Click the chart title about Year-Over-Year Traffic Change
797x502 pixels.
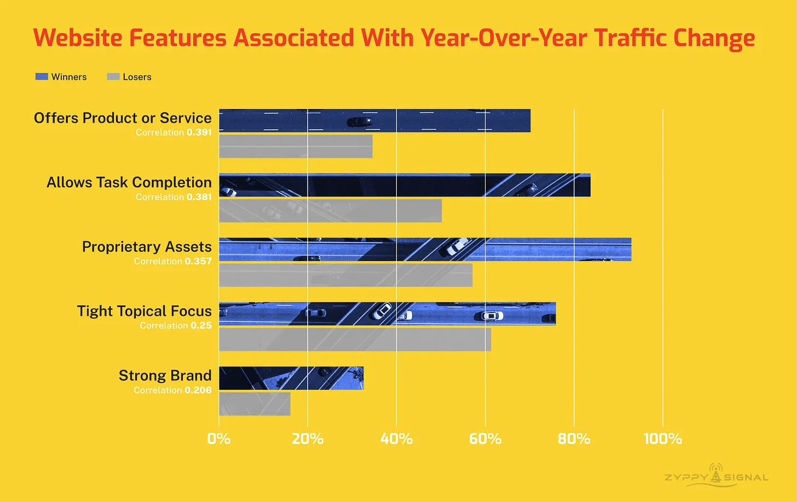pyautogui.click(x=394, y=38)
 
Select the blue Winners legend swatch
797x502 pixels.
pyautogui.click(x=42, y=77)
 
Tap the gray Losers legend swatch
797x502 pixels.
pyautogui.click(x=113, y=77)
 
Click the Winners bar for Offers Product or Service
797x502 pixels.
pyautogui.click(x=374, y=120)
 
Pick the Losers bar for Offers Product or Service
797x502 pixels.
pyautogui.click(x=296, y=146)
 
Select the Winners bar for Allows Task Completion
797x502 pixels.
pyautogui.click(x=405, y=185)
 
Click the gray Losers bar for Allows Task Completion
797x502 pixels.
pyautogui.click(x=330, y=211)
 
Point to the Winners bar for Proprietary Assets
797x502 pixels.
pyautogui.click(x=425, y=249)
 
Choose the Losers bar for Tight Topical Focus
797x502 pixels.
pyautogui.click(x=355, y=339)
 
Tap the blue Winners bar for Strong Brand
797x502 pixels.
pyautogui.click(x=291, y=378)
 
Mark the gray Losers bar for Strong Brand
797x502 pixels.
pyautogui.click(x=255, y=404)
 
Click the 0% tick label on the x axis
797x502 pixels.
pyautogui.click(x=219, y=438)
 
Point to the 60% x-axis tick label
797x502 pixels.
pyautogui.click(x=485, y=438)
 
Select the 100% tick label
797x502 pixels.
pyautogui.click(x=662, y=438)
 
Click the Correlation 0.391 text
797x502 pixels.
pyautogui.click(x=174, y=132)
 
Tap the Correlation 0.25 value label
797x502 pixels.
pyautogui.click(x=175, y=326)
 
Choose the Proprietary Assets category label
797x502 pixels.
pyautogui.click(x=147, y=247)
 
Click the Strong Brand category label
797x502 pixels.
pyautogui.click(x=165, y=376)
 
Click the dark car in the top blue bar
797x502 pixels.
pyautogui.click(x=360, y=121)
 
